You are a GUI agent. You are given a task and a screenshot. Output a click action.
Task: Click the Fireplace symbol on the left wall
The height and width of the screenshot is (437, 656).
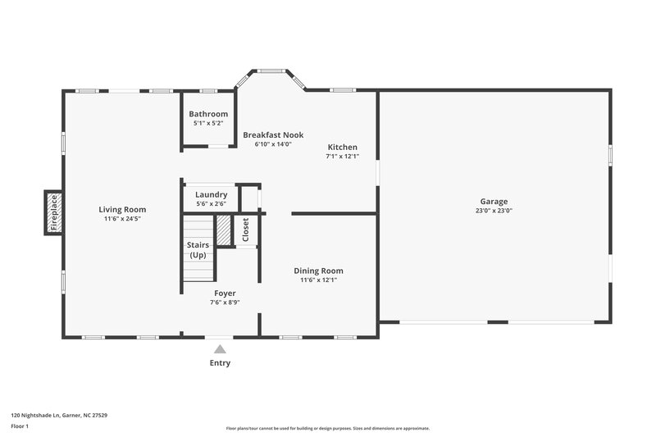click(x=54, y=212)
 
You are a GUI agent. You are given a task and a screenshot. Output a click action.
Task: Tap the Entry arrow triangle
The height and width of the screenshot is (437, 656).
click(x=220, y=349)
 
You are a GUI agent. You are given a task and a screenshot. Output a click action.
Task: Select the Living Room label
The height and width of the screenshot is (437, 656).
click(x=122, y=209)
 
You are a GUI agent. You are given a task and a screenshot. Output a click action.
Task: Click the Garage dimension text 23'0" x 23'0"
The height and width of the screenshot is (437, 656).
click(x=494, y=211)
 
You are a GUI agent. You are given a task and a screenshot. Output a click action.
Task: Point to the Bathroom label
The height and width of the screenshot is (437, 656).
click(x=208, y=114)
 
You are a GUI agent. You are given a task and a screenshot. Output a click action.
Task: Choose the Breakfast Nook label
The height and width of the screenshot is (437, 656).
click(x=273, y=134)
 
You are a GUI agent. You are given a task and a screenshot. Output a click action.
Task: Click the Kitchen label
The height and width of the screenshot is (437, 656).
click(x=342, y=147)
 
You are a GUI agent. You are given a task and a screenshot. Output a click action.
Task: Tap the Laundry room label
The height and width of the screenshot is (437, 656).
click(x=211, y=194)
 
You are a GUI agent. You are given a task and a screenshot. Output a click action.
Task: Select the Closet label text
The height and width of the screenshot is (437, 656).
click(x=245, y=230)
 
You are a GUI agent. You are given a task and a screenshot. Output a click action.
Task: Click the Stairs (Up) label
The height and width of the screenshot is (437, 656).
click(x=198, y=250)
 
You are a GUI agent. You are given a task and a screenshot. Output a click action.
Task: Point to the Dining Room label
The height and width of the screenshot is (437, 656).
click(x=318, y=271)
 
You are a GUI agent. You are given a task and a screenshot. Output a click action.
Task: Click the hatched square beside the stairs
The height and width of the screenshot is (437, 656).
click(x=223, y=229)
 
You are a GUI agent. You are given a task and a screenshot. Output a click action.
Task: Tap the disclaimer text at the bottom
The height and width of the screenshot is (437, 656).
click(x=327, y=428)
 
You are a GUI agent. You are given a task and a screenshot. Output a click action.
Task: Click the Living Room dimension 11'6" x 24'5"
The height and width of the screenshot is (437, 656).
click(x=122, y=219)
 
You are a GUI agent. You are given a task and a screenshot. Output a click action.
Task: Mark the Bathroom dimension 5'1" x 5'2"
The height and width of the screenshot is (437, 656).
click(x=208, y=123)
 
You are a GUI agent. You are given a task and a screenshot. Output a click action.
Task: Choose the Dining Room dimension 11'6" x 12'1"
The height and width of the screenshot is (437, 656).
click(x=318, y=280)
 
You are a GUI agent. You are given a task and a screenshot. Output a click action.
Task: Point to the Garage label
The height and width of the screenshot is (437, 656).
click(x=494, y=201)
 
